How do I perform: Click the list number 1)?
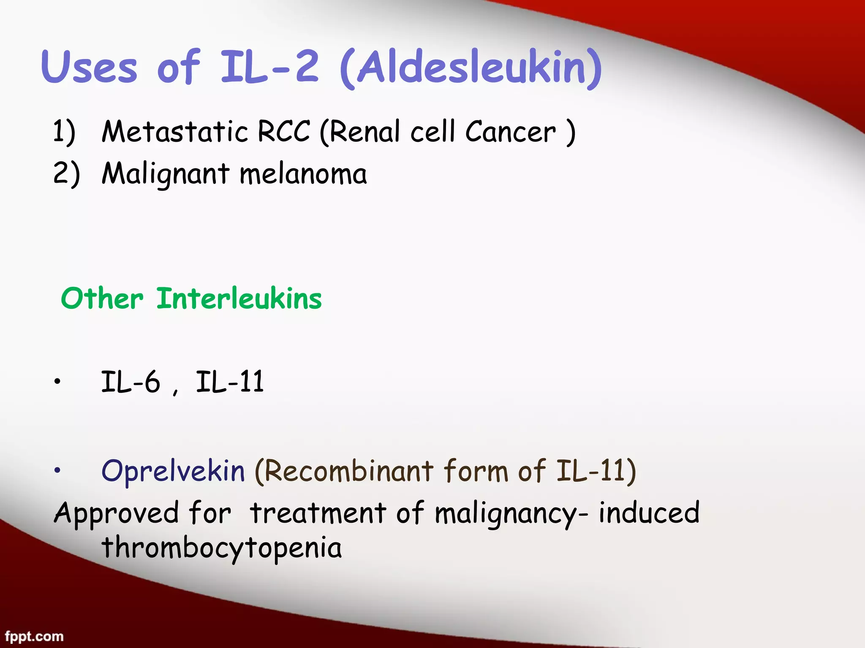[x=64, y=132]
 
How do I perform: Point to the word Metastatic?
[x=174, y=132]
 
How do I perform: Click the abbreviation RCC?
[x=284, y=132]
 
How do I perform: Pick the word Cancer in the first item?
[x=511, y=132]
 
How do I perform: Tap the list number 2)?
[x=66, y=174]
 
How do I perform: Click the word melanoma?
[x=303, y=174]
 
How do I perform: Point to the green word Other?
[x=102, y=299]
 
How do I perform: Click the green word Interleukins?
[x=239, y=299]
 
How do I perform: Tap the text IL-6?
[x=131, y=382]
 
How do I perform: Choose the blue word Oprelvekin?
[x=173, y=472]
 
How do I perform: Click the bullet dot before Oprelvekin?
[x=57, y=470]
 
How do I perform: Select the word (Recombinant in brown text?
[x=344, y=471]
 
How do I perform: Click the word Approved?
[x=116, y=514]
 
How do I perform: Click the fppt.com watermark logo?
[x=34, y=636]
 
